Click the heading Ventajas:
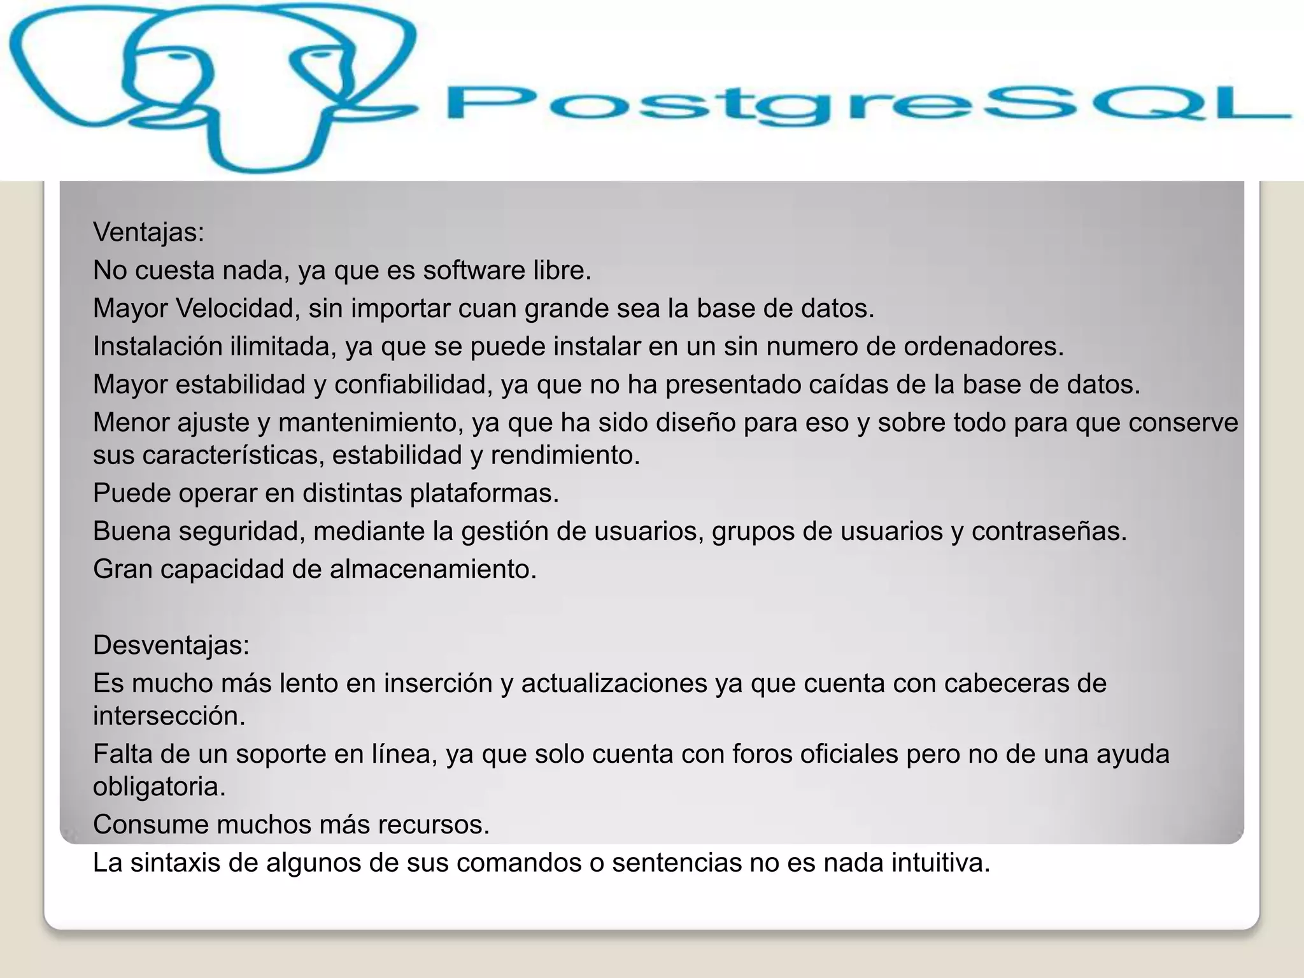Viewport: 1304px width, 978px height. (148, 232)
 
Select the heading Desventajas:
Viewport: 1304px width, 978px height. (171, 645)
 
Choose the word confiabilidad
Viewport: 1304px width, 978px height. (414, 385)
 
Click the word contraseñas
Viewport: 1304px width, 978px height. (1049, 531)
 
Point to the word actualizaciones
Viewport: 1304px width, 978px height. (614, 683)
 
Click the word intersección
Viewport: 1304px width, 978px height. (169, 716)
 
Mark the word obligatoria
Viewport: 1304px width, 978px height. (159, 788)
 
